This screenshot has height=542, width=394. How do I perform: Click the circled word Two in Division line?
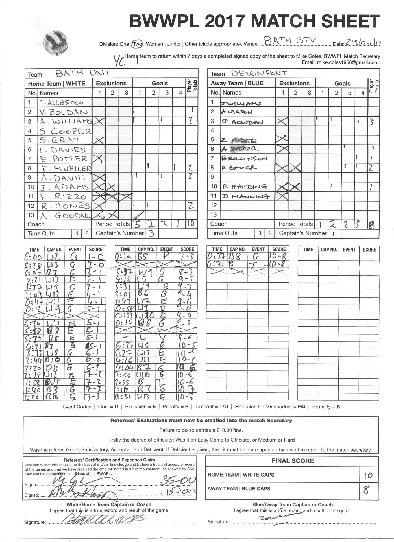click(x=137, y=44)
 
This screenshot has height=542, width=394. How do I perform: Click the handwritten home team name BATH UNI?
click(x=82, y=73)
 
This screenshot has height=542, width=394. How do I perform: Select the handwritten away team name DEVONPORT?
click(x=259, y=73)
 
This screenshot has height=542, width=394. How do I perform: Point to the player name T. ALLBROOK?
click(x=62, y=102)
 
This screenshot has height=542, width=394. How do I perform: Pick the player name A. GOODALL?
click(x=65, y=216)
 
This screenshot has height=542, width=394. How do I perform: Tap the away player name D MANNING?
click(x=245, y=196)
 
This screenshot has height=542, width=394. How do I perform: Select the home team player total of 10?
click(x=191, y=224)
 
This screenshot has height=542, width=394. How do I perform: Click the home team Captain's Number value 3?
click(x=151, y=233)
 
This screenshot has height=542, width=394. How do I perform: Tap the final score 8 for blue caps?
click(x=366, y=490)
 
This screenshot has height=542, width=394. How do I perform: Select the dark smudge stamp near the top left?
click(x=56, y=44)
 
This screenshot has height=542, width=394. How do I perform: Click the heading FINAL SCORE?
click(x=293, y=461)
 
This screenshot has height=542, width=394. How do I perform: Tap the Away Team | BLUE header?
click(x=237, y=83)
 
